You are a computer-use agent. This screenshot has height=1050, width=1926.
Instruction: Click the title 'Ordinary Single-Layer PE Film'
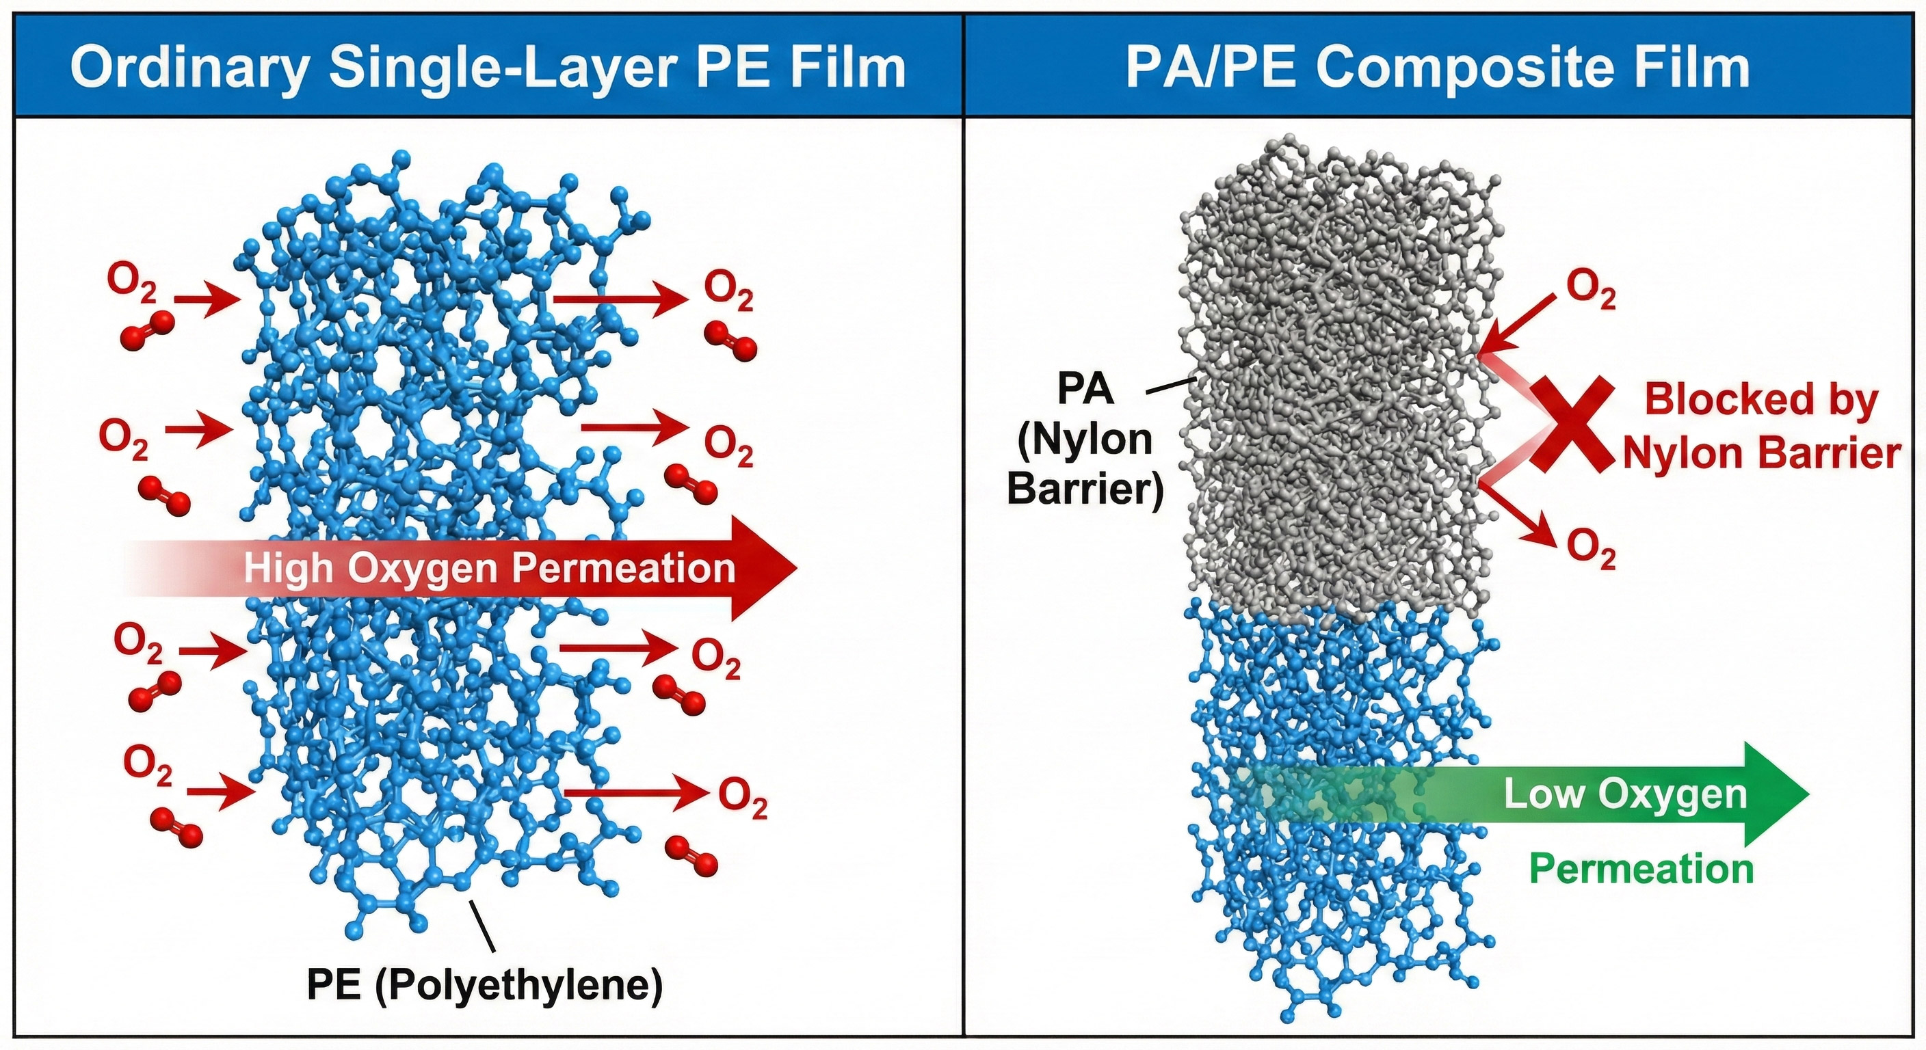pos(488,67)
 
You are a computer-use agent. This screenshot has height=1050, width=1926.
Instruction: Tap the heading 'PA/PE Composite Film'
pos(1437,67)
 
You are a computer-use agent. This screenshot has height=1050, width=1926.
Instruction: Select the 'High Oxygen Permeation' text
pos(490,568)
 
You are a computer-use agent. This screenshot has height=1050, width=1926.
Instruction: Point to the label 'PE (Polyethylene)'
pos(484,985)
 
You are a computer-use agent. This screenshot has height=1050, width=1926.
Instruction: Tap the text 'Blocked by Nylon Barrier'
pos(1760,426)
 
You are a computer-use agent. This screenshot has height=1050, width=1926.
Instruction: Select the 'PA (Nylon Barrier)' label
pos(1085,440)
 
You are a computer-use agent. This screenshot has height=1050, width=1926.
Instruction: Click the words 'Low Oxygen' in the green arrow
pos(1624,794)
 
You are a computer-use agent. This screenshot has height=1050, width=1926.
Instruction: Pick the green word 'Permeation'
pos(1641,869)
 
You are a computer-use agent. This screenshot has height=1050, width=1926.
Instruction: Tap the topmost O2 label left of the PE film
pos(132,282)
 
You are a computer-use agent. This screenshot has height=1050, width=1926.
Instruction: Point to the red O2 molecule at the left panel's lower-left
pos(177,826)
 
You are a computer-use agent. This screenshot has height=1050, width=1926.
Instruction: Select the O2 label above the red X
pos(1590,288)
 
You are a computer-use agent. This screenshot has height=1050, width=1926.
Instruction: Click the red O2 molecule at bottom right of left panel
pos(691,856)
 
